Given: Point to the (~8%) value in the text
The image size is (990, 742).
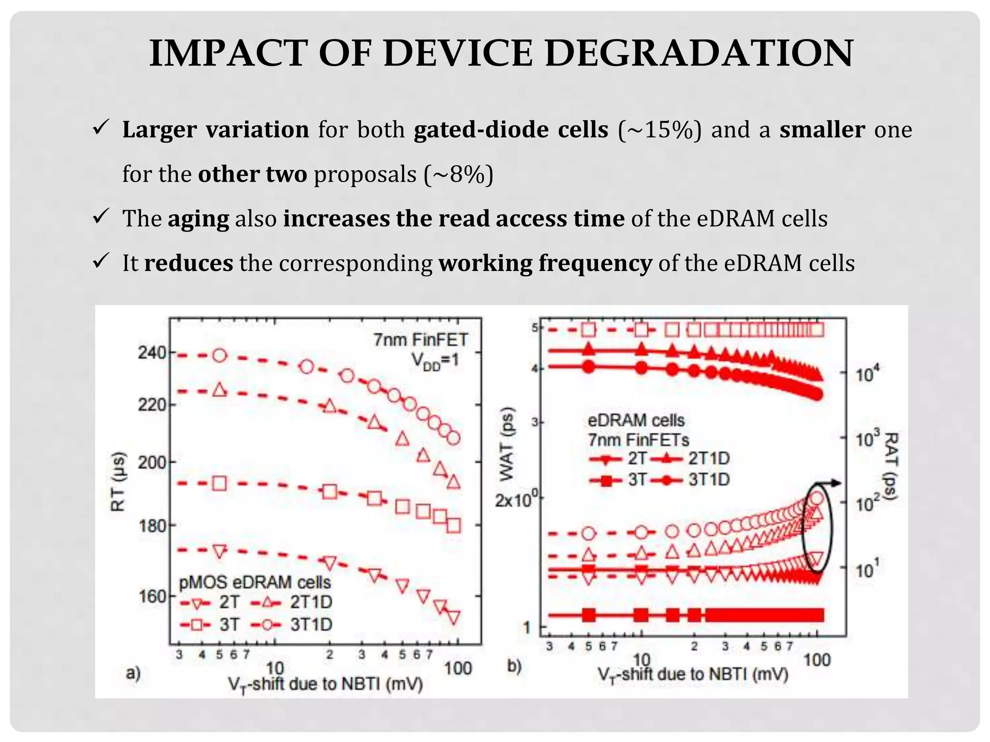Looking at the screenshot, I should tap(458, 174).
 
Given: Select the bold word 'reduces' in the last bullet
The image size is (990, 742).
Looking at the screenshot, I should tap(189, 263).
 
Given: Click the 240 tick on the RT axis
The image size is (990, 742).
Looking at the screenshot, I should tap(152, 353).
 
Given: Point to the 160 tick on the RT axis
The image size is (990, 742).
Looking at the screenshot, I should tap(152, 597).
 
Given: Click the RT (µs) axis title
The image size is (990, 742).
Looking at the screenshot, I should tap(119, 481).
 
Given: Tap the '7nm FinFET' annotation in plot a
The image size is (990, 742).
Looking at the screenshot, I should tap(420, 340).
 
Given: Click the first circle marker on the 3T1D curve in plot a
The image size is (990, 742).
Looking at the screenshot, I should tap(219, 356).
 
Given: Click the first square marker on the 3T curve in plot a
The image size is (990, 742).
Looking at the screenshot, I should tap(219, 483).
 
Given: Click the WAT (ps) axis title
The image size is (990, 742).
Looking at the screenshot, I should tap(507, 444).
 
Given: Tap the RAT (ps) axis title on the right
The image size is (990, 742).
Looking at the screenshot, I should tap(890, 466).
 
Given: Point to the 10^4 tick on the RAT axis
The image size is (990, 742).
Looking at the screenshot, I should tap(868, 374).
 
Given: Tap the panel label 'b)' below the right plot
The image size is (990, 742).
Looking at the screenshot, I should tap(514, 666).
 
